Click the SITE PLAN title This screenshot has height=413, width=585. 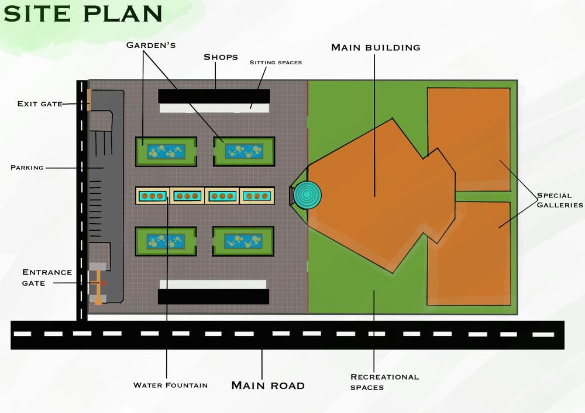[x=82, y=13]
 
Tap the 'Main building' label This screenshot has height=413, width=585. [x=376, y=47]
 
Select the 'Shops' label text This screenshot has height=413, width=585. [x=221, y=57]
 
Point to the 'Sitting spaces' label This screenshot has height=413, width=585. [x=276, y=62]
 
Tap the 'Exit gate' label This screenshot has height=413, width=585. [x=40, y=104]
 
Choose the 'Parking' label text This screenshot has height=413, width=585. [x=27, y=168]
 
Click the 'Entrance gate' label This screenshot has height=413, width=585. [x=47, y=277]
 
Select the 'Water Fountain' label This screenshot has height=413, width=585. [x=170, y=385]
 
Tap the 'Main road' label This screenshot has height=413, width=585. [x=268, y=385]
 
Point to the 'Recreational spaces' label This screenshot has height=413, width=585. [x=384, y=381]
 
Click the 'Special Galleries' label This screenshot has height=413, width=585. [x=560, y=200]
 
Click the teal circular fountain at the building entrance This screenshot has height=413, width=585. [x=308, y=195]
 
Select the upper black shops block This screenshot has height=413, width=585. [x=214, y=96]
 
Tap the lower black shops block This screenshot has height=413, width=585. [x=214, y=296]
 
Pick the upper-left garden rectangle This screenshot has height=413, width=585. [x=166, y=151]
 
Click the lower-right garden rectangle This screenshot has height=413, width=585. [x=243, y=241]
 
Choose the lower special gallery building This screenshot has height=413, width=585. [x=469, y=253]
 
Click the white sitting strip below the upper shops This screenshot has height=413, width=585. [x=214, y=108]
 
